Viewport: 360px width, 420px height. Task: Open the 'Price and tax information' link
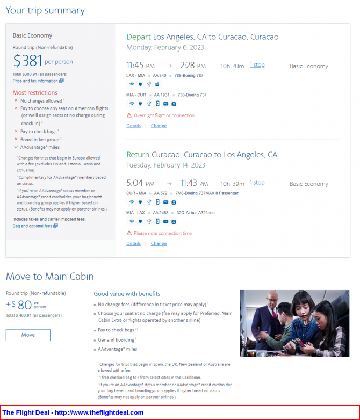pos(35,81)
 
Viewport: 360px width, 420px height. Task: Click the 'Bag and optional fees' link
pos(32,226)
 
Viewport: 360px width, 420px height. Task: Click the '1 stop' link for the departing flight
pos(257,65)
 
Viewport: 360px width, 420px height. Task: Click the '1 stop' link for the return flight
pos(257,183)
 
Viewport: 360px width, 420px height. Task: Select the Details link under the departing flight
pos(133,126)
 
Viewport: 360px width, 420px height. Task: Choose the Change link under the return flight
pos(159,243)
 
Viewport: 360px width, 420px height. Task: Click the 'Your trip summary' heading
pos(45,10)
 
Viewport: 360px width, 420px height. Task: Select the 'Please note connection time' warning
pos(162,233)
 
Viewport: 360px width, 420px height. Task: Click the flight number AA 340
pos(160,76)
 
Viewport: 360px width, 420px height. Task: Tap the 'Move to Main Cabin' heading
pos(49,277)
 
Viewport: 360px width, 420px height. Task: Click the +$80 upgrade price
pos(20,305)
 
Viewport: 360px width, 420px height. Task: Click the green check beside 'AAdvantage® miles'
pos(16,147)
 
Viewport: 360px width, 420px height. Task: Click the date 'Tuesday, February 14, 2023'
pos(165,165)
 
